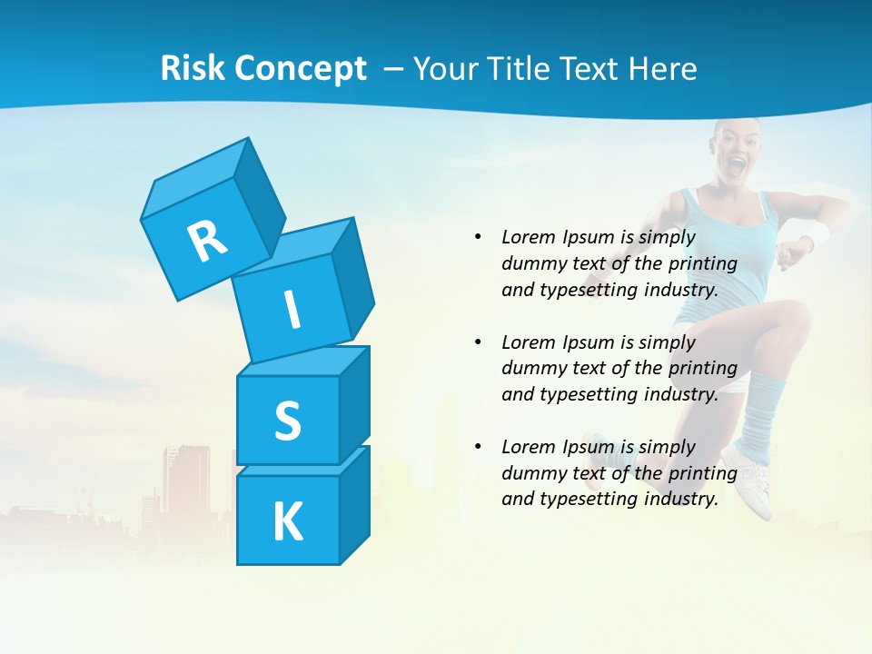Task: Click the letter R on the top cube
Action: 207,240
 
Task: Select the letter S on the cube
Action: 287,421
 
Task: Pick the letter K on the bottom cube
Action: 287,522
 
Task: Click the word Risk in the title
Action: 193,68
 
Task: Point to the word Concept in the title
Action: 301,69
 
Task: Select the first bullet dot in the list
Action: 478,237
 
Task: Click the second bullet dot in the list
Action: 478,342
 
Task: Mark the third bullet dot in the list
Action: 478,447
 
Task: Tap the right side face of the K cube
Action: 354,504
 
